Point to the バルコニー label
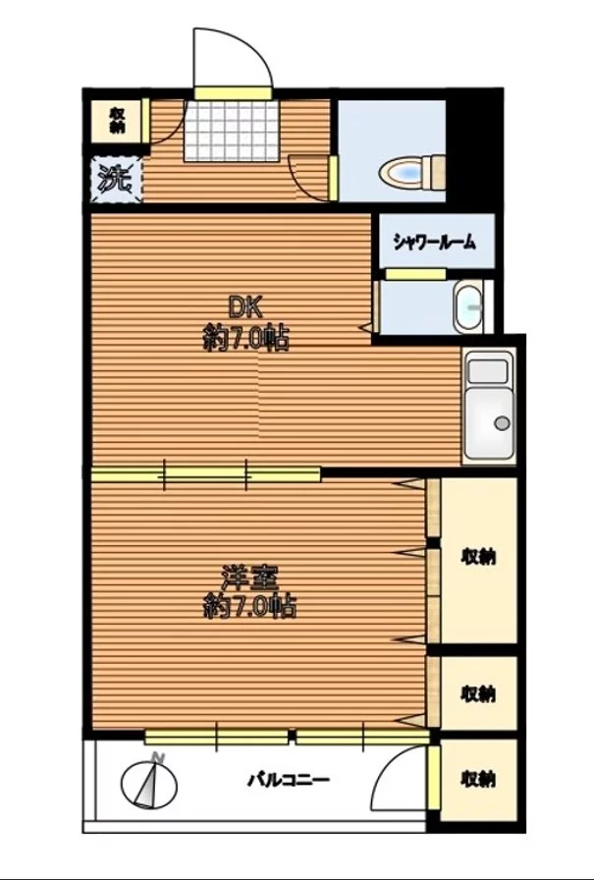click(288, 781)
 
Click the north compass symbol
click(151, 780)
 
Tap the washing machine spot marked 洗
click(117, 180)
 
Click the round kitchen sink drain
click(502, 423)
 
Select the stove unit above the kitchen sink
click(488, 371)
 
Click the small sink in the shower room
click(469, 307)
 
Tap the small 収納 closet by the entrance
click(116, 120)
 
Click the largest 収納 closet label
click(478, 557)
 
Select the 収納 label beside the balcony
click(478, 779)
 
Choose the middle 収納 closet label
click(478, 692)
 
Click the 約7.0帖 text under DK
click(245, 340)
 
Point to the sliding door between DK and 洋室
click(206, 475)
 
